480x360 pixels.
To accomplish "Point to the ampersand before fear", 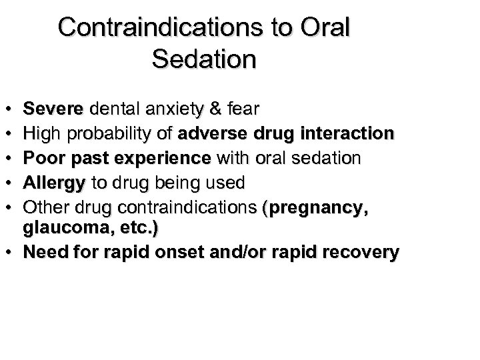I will [x=217, y=107].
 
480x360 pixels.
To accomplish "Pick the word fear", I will [x=245, y=107].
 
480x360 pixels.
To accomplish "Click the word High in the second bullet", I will [x=39, y=134].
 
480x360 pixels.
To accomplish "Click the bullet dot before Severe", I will [x=14, y=108].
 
